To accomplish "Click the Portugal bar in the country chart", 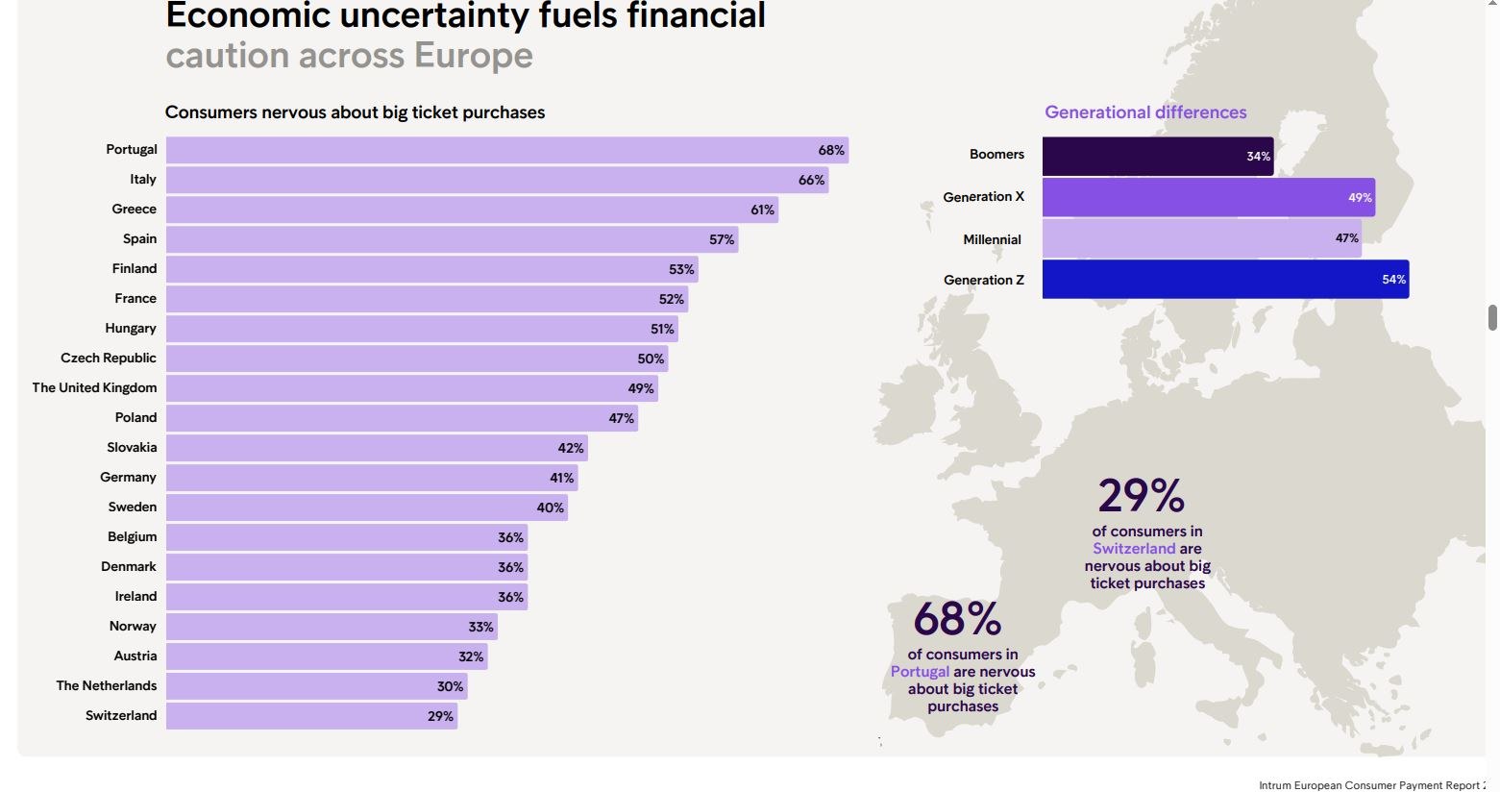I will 506,150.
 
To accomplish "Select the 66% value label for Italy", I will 811,180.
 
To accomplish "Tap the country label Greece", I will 134,209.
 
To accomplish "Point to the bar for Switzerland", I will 311,716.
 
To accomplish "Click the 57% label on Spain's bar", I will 722,239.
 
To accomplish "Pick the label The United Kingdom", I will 94,387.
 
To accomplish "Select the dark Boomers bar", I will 1157,156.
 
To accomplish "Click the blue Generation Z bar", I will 1225,280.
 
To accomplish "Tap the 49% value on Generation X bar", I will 1360,198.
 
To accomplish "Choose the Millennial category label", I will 992,239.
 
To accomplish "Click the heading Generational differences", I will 1145,112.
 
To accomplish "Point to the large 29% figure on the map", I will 1142,496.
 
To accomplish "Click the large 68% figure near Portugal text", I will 957,619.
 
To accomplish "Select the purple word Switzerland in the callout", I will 1134,549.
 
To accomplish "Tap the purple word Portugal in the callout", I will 920,672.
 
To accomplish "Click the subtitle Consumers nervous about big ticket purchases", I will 355,112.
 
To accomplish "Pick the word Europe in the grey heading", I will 473,56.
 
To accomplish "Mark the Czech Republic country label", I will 108,358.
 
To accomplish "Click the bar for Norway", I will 332,627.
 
